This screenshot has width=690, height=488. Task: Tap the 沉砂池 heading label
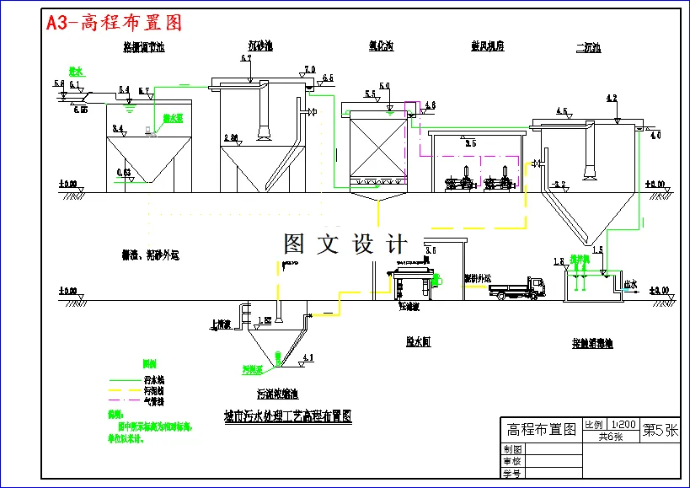[259, 46]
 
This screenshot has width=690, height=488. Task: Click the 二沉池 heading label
[587, 48]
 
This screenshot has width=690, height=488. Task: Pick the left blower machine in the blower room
[460, 183]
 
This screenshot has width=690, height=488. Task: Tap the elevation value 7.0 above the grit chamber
[309, 69]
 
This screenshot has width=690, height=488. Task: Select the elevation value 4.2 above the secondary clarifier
[612, 99]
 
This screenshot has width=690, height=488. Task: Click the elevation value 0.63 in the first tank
[124, 172]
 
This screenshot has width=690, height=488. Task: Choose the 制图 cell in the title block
[513, 449]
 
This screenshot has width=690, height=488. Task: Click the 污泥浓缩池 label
[277, 394]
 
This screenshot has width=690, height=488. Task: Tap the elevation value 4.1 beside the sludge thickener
[307, 358]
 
